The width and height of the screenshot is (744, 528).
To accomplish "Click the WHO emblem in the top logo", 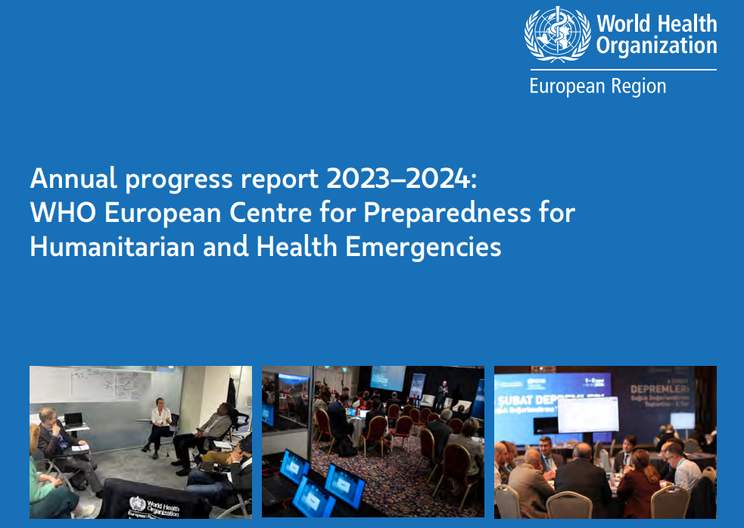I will click(x=557, y=35).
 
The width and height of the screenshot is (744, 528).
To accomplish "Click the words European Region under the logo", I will click(x=597, y=86).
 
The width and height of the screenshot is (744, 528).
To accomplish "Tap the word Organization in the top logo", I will click(x=655, y=45).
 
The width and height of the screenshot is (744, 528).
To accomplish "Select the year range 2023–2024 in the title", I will click(x=399, y=180).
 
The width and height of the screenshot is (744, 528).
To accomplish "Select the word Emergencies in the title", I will click(x=424, y=247).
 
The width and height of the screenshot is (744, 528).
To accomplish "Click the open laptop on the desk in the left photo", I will click(x=73, y=419).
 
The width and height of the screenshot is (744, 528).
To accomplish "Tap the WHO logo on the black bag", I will click(x=138, y=503).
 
